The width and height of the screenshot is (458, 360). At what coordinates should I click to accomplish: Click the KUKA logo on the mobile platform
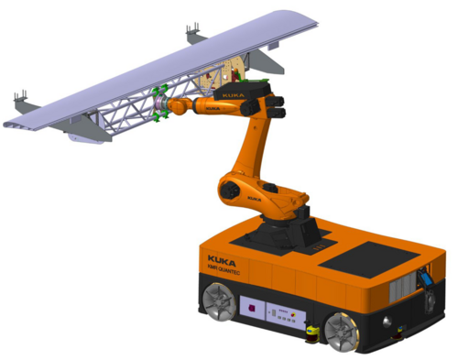tap(222, 259)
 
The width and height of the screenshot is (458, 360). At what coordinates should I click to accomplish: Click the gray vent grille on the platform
tap(401, 292)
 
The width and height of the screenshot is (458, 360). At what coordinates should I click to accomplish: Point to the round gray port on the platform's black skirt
tap(387, 322)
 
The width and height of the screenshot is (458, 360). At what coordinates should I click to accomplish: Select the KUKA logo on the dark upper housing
tap(231, 93)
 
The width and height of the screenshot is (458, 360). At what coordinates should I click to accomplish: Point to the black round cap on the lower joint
tap(230, 190)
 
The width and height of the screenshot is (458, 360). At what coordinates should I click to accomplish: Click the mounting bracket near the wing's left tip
tap(21, 97)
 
